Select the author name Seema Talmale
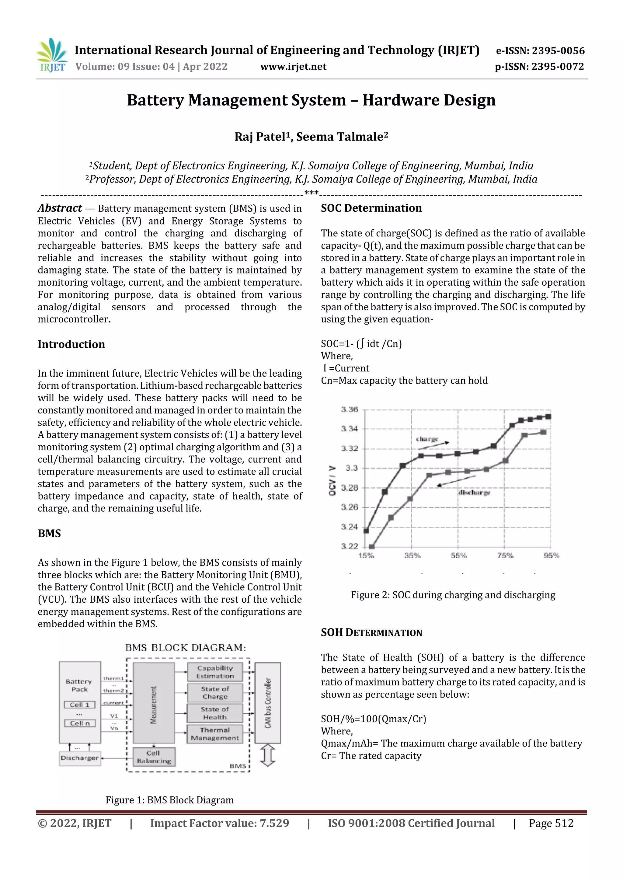(x=342, y=137)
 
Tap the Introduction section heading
(x=71, y=344)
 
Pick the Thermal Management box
(x=215, y=734)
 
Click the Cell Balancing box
(x=154, y=757)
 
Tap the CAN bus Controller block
(x=268, y=703)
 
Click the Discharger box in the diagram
(x=80, y=758)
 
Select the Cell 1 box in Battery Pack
(x=80, y=705)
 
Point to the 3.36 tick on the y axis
(x=349, y=409)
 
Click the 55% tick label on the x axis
(x=458, y=555)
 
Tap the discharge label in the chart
(x=474, y=492)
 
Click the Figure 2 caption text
(x=453, y=595)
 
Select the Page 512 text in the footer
(x=551, y=824)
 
